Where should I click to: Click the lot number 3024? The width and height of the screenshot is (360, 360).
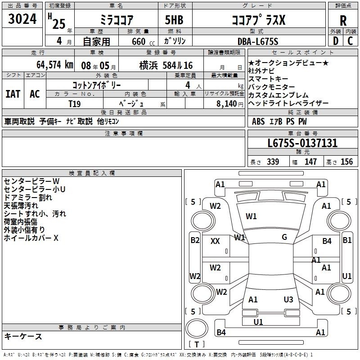tap(22, 18)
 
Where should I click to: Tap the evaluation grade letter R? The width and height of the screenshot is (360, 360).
tap(343, 21)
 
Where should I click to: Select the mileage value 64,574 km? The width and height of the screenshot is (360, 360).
tap(55, 65)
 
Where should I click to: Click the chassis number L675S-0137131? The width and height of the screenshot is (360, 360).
tap(302, 143)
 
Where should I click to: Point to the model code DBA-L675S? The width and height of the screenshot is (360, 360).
tap(258, 41)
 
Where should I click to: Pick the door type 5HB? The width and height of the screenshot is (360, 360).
tap(174, 20)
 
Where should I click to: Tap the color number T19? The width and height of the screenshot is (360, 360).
tap(75, 104)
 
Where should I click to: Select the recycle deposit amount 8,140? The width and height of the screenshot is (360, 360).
tap(227, 103)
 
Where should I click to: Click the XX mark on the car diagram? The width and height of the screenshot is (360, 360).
tap(215, 241)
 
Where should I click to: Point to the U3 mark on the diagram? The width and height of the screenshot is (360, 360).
tap(288, 299)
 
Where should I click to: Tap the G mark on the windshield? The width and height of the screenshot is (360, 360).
tap(284, 237)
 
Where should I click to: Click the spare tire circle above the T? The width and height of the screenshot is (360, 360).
tap(197, 328)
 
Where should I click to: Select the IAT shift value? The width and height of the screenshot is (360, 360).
tap(13, 94)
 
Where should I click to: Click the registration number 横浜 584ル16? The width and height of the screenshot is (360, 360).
tap(166, 66)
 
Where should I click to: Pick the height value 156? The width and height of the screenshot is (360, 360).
tap(346, 162)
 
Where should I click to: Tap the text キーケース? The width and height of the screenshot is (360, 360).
tap(23, 336)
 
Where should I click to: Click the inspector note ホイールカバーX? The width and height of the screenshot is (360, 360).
tap(31, 238)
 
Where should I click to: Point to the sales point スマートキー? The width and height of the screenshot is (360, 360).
tap(268, 79)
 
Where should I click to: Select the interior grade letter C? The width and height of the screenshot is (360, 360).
tap(350, 41)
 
